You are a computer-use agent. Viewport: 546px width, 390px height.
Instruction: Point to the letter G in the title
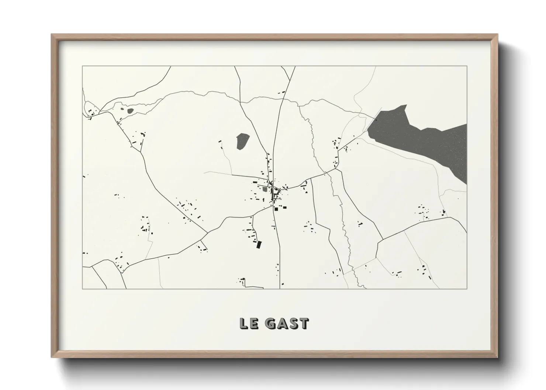(x=271, y=324)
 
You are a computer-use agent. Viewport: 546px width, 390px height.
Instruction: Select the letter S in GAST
(x=293, y=324)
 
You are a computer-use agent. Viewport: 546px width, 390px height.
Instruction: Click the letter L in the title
(x=244, y=324)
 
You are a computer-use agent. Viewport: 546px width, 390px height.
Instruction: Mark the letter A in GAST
(x=282, y=324)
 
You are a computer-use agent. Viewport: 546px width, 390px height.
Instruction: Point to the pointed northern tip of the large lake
(x=406, y=105)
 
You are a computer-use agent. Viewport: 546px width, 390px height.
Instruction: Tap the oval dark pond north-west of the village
(x=242, y=141)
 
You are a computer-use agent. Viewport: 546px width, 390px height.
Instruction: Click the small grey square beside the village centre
(x=265, y=189)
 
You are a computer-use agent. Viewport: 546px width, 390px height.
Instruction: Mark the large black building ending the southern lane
(x=259, y=244)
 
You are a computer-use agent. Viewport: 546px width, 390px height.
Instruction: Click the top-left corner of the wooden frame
(x=52, y=35)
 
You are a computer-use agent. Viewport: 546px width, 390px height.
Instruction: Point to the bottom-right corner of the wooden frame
(x=498, y=357)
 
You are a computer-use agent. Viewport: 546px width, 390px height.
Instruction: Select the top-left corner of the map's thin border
(x=82, y=66)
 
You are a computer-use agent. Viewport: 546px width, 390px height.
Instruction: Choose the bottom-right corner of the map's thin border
(x=467, y=289)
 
